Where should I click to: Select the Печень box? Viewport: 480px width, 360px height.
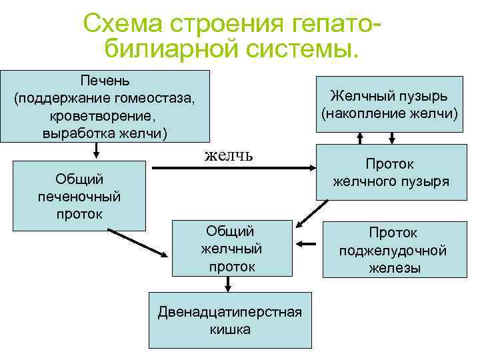pyautogui.click(x=105, y=106)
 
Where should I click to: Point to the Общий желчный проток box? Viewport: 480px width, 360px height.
pyautogui.click(x=231, y=248)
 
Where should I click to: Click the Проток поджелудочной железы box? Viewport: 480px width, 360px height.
pyautogui.click(x=392, y=250)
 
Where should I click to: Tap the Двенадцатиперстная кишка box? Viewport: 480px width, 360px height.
pyautogui.click(x=229, y=320)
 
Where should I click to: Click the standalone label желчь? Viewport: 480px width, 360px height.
pyautogui.click(x=228, y=155)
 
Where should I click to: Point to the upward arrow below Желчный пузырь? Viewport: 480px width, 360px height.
pyautogui.click(x=361, y=137)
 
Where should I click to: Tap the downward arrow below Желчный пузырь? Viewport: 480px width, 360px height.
pyautogui.click(x=392, y=137)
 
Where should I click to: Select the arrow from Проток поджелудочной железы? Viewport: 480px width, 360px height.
pyautogui.click(x=307, y=244)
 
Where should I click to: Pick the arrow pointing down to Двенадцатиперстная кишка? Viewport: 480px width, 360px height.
pyautogui.click(x=228, y=284)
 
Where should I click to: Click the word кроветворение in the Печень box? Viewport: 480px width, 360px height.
pyautogui.click(x=105, y=116)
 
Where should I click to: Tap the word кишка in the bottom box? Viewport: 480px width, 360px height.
pyautogui.click(x=229, y=329)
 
